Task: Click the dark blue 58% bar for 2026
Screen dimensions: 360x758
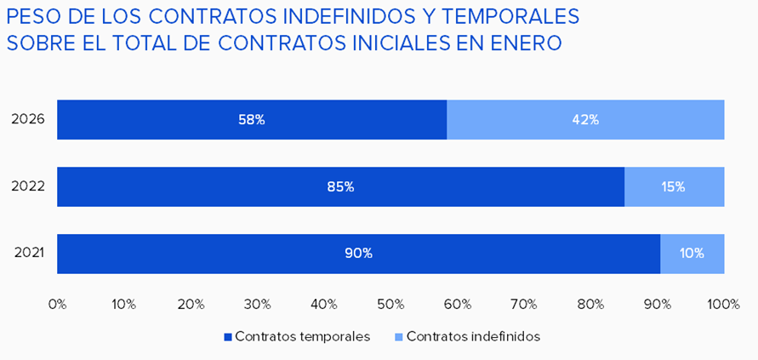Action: (x=252, y=120)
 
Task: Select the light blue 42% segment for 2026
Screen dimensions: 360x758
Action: (x=585, y=120)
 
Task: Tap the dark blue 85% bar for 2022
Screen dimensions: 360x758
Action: (x=340, y=186)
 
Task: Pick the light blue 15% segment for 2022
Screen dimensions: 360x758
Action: (x=674, y=186)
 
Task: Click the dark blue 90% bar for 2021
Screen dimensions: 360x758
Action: (x=358, y=253)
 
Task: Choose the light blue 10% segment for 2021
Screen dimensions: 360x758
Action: (x=692, y=253)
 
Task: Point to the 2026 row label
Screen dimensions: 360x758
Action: (x=28, y=120)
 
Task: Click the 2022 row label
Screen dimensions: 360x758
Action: (x=28, y=186)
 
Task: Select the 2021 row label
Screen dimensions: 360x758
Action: (x=28, y=253)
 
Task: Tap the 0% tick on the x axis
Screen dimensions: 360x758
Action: (x=57, y=304)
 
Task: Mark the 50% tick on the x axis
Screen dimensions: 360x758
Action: (x=390, y=304)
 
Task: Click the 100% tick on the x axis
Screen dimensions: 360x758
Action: (x=723, y=304)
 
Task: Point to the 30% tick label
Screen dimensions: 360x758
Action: (x=257, y=304)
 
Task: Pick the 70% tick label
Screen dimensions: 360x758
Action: (x=524, y=304)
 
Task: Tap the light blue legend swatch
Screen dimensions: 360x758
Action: (x=399, y=337)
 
